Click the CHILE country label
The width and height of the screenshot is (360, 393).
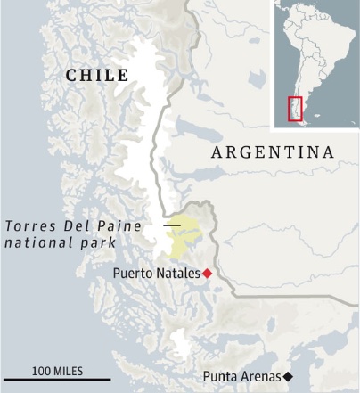pyautogui.click(x=97, y=76)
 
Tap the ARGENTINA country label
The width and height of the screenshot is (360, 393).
pyautogui.click(x=273, y=153)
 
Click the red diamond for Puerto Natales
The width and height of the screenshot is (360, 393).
pyautogui.click(x=208, y=273)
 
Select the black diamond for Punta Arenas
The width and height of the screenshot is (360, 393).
pyautogui.click(x=288, y=377)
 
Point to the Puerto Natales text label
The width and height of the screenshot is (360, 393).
pyautogui.click(x=157, y=273)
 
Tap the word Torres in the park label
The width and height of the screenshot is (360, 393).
pyautogui.click(x=29, y=225)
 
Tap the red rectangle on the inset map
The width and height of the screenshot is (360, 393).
pyautogui.click(x=295, y=109)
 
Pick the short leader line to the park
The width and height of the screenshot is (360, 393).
pyautogui.click(x=170, y=226)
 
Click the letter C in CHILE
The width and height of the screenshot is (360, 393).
pyautogui.click(x=72, y=76)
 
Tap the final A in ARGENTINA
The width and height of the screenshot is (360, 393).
pyautogui.click(x=329, y=153)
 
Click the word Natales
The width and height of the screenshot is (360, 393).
pyautogui.click(x=178, y=273)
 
